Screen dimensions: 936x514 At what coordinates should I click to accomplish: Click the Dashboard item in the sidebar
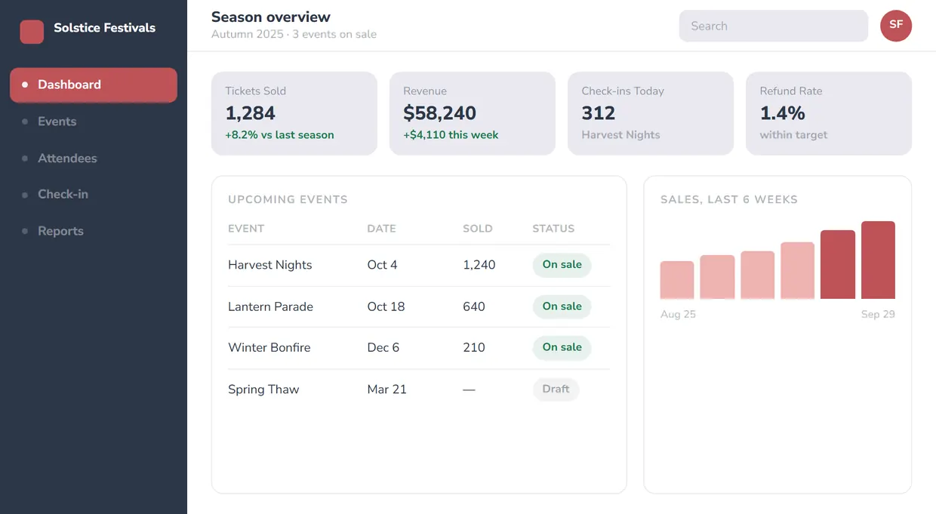(94, 85)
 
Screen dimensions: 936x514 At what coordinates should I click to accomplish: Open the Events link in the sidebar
(57, 122)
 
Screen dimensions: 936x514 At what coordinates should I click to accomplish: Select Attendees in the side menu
(67, 159)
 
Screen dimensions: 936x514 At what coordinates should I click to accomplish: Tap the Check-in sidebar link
(63, 194)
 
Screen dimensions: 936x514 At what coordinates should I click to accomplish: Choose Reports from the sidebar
(60, 231)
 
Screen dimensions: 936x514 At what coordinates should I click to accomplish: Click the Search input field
(774, 26)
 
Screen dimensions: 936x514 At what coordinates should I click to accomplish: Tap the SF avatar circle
(896, 26)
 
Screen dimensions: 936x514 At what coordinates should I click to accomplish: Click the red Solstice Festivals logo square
(32, 32)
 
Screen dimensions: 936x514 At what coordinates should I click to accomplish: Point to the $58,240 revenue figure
(439, 113)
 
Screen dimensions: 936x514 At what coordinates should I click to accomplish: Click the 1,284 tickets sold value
(251, 113)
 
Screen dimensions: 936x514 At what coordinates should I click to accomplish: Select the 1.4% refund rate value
(782, 113)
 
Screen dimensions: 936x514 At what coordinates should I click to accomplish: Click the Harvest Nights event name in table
(270, 265)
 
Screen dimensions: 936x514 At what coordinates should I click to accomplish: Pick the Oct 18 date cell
(386, 306)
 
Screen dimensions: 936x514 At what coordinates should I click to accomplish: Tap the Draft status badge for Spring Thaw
(556, 389)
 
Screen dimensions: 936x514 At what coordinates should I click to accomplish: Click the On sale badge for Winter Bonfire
(562, 348)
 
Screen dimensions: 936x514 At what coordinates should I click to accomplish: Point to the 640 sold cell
(474, 306)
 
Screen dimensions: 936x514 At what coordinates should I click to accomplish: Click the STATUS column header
(553, 229)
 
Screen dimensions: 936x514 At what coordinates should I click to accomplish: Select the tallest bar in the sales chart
(879, 260)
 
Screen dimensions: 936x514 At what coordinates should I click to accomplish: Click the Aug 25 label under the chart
(678, 314)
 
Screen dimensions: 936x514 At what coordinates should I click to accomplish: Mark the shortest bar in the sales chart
(677, 280)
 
